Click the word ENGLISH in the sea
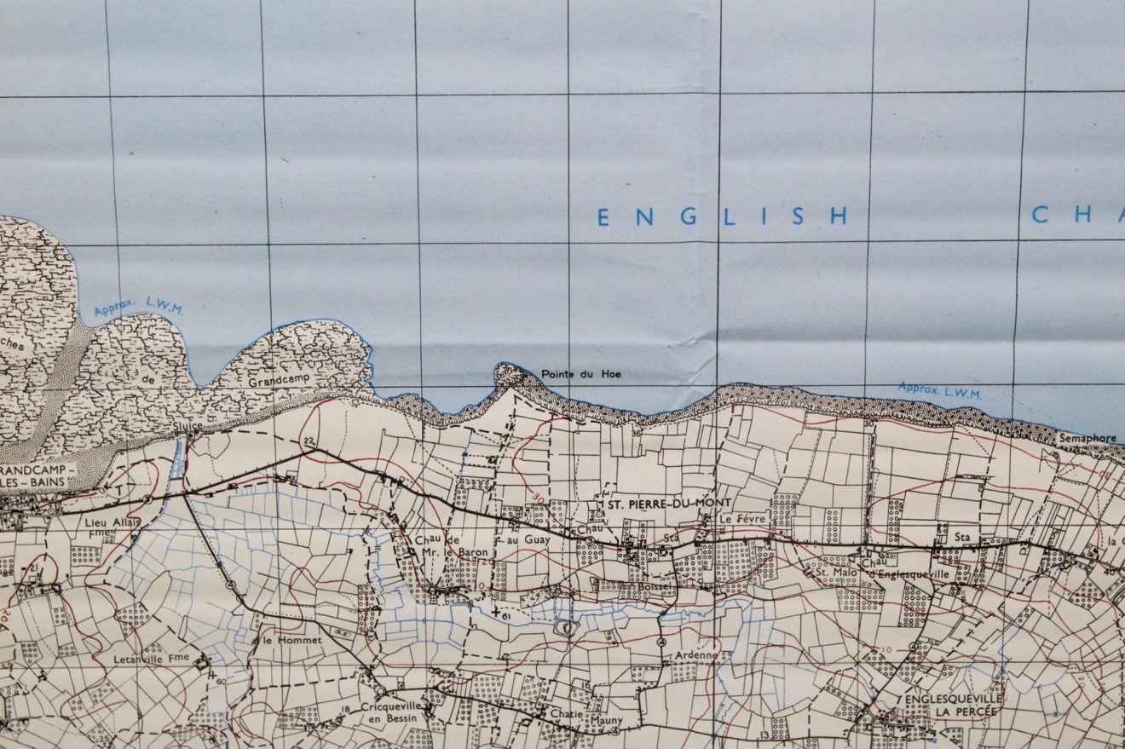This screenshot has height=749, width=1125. pos(722,217)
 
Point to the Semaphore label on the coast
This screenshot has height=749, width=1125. pos(1087,438)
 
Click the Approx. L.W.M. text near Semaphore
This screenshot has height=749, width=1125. pos(939,391)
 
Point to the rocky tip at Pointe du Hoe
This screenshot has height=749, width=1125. pos(509,372)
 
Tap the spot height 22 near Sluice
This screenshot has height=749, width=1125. pos(309,441)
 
